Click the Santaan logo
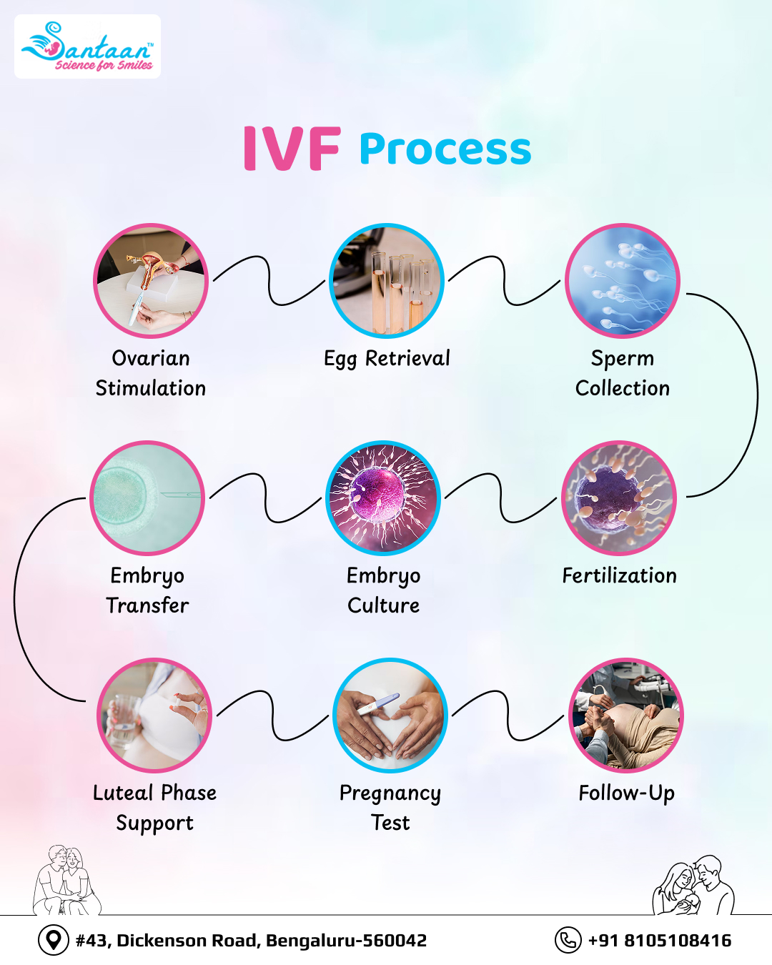87,46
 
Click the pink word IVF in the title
292,149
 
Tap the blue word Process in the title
445,149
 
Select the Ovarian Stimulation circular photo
151,281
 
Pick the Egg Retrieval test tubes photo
386,281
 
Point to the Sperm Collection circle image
622,281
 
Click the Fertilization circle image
619,498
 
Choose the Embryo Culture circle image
383,498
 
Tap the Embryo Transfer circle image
147,498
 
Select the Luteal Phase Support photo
154,716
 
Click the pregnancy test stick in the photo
378,703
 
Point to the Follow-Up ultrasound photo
626,716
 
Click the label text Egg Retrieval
387,359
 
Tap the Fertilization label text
620,575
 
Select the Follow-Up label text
627,793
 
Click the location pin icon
54,940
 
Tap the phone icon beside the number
568,940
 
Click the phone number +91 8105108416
659,940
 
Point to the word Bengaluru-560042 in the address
346,940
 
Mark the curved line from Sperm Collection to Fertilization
757,395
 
